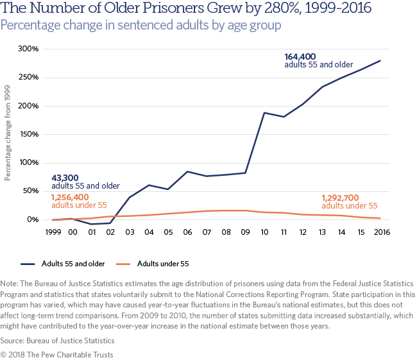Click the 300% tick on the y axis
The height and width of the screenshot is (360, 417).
pyautogui.click(x=30, y=49)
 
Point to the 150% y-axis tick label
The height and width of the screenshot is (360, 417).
pyautogui.click(x=30, y=134)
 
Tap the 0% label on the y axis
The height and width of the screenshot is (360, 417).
pyautogui.click(x=33, y=219)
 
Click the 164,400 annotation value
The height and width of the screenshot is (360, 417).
pyautogui.click(x=302, y=56)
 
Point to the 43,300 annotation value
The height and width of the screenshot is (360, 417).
pyautogui.click(x=67, y=177)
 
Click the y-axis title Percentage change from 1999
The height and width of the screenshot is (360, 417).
pyautogui.click(x=8, y=134)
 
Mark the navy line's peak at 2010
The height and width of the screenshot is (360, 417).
pyautogui.click(x=264, y=113)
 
